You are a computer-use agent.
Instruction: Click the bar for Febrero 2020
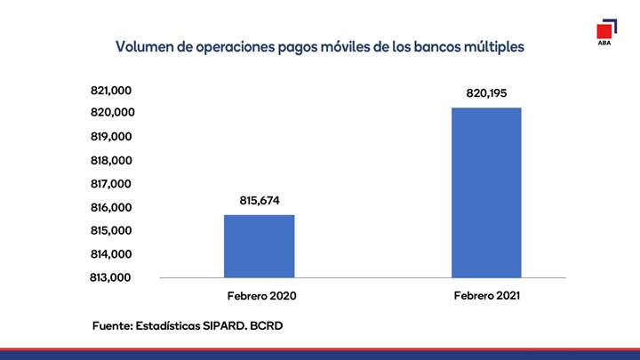260,246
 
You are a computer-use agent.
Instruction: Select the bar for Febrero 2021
486,193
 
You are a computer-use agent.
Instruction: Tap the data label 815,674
260,200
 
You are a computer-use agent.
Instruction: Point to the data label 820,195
486,93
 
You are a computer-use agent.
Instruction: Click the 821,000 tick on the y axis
111,90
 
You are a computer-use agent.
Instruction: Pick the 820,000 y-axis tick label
113,112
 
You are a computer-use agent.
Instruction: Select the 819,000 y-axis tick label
111,136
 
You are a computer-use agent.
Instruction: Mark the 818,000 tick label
111,160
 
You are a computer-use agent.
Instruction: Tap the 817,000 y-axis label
111,184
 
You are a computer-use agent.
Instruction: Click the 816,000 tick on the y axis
111,207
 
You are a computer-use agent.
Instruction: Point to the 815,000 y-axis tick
111,230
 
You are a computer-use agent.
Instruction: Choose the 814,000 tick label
111,254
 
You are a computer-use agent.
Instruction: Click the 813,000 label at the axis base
110,277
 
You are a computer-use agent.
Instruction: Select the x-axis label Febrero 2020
261,296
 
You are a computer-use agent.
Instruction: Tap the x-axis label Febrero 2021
487,295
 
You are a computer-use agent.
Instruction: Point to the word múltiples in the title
494,47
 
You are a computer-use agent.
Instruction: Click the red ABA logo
606,32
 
